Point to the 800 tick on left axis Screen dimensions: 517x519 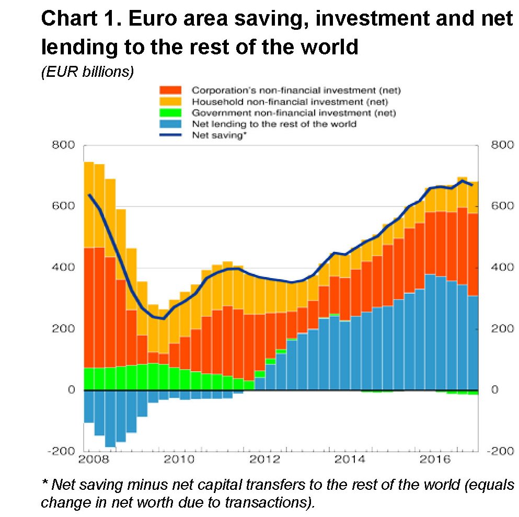click(63, 145)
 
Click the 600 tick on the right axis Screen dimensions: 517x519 click(502, 206)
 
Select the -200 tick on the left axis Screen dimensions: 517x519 click(61, 451)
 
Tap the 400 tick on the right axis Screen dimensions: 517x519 click(502, 268)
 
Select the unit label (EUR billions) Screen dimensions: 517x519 click(87, 72)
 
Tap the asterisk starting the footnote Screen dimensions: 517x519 click(43, 484)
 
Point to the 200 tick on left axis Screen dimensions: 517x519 click(63, 329)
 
